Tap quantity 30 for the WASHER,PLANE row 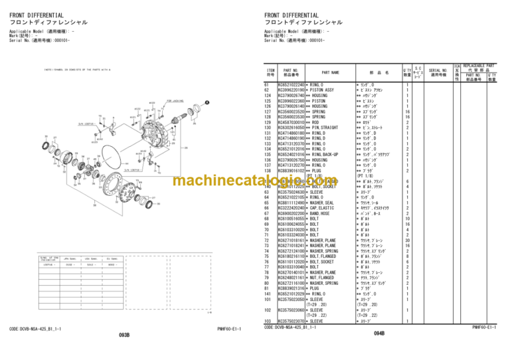(407, 240)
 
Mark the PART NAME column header (330, 72)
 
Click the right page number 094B (379, 335)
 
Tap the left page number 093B (124, 335)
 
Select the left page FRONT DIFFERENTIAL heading (37, 15)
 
